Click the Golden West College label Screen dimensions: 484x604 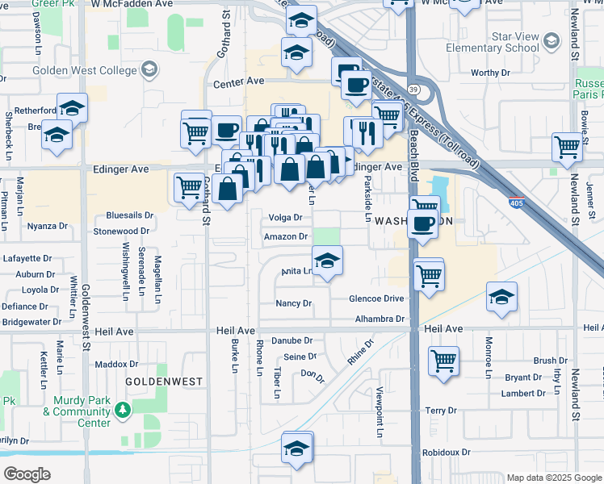83,69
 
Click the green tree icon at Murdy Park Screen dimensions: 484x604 122,411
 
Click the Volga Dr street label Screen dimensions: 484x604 285,217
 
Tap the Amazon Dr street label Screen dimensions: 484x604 286,236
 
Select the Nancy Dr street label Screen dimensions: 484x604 294,303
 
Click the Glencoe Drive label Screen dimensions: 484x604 375,298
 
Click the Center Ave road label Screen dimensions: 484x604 239,82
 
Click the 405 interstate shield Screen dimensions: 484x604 514,205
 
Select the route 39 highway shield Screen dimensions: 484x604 413,89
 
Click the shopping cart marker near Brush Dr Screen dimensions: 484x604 443,361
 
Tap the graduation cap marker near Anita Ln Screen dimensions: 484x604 327,261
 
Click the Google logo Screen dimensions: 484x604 27,474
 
